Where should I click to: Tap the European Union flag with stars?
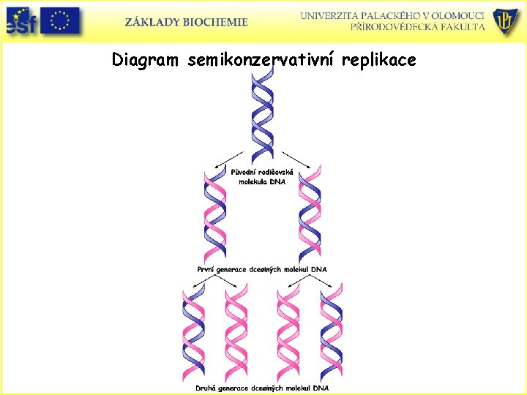coord(60,20)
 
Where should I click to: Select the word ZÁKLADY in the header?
coord(152,22)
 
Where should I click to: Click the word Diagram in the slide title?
coord(145,60)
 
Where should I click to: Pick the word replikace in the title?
coord(381,60)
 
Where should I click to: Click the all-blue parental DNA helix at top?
coord(261,113)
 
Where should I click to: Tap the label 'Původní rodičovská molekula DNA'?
coord(262,176)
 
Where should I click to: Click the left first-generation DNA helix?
coord(215,216)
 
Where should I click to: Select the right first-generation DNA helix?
coord(310,216)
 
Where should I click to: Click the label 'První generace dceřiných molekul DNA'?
coord(262,269)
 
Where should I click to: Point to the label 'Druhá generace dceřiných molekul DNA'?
coord(262,387)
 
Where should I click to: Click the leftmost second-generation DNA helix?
coord(193,333)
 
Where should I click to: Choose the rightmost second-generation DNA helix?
coord(331,333)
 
